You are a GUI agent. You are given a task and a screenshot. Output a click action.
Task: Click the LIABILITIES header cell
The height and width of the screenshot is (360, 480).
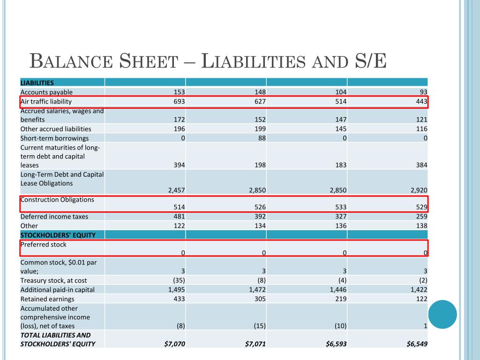(37, 82)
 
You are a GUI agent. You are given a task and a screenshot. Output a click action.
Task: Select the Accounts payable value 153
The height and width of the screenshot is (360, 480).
(179, 92)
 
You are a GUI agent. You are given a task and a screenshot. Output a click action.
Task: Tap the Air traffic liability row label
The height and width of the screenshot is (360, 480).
(46, 101)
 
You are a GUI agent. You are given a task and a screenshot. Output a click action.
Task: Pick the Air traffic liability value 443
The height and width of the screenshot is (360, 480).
(421, 101)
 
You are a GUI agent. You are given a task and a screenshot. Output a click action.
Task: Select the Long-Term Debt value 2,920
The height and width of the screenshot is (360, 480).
(418, 190)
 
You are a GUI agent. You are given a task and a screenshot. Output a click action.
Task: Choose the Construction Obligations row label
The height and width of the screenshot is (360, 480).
(57, 200)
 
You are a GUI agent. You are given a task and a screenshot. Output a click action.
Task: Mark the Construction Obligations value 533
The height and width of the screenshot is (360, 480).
(341, 207)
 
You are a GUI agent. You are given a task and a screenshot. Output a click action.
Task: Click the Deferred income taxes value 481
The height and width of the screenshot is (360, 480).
(179, 217)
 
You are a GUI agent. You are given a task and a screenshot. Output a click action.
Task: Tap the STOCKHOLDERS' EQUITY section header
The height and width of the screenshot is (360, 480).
(58, 235)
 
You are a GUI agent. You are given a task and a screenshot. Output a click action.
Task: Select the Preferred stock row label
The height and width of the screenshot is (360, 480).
(44, 245)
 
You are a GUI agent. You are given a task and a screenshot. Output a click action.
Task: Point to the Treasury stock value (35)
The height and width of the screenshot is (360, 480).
(178, 280)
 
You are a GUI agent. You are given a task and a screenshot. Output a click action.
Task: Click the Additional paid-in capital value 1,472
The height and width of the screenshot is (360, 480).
(257, 290)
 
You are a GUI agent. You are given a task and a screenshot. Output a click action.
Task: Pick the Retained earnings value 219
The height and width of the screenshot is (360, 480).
(341, 299)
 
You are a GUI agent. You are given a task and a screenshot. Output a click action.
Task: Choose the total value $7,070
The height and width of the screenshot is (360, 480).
(175, 344)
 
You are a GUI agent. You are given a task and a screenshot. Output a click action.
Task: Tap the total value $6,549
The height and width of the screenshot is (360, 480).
(417, 344)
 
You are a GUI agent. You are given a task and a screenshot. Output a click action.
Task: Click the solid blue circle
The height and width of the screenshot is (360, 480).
(442, 314)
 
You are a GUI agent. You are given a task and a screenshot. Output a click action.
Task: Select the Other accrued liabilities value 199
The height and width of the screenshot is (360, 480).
(260, 128)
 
